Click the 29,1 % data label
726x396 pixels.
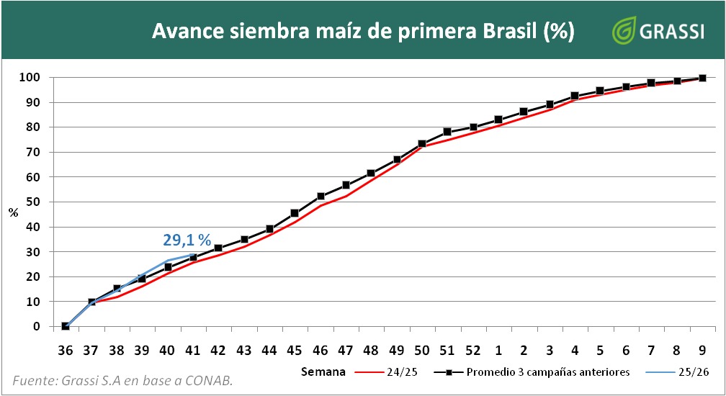coord(187,240)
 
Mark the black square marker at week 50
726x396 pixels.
coord(422,144)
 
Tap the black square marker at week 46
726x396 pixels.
coord(321,197)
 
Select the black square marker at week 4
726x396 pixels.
coord(575,96)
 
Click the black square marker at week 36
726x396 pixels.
coord(66,326)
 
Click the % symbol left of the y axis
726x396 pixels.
coord(13,212)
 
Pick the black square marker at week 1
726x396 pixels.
coord(498,120)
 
